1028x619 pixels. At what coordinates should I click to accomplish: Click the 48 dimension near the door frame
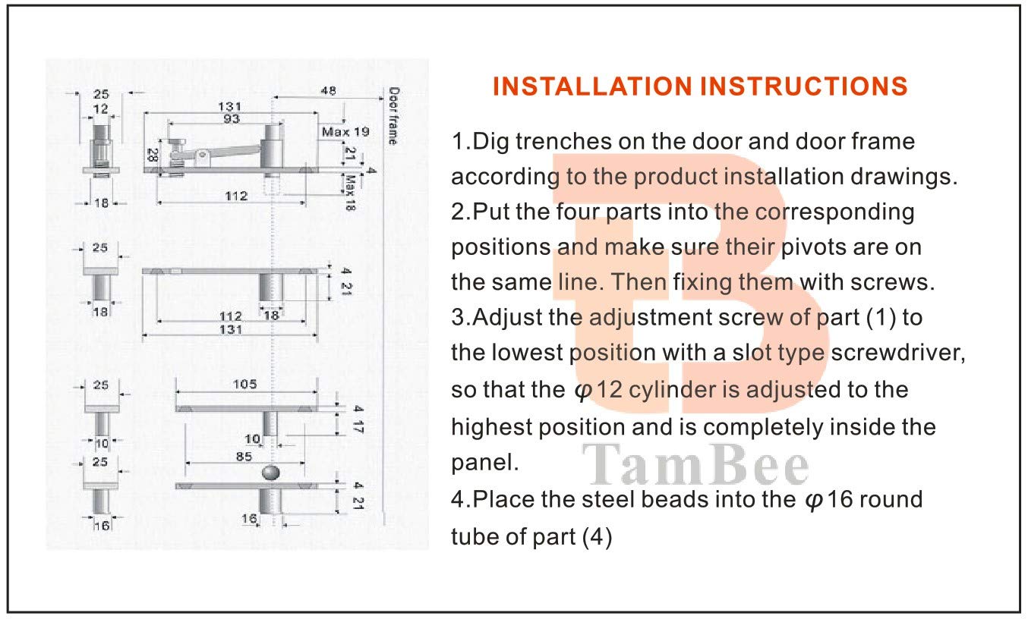(328, 91)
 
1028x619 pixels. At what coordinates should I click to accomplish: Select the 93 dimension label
(232, 120)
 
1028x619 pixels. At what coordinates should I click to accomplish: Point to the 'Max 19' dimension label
(345, 131)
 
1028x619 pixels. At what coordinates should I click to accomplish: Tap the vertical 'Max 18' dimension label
(351, 192)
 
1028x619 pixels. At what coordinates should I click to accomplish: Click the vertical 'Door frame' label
(393, 115)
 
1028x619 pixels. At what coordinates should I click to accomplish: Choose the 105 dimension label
(244, 384)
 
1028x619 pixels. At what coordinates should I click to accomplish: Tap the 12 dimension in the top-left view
(100, 109)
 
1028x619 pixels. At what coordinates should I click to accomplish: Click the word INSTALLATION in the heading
(592, 86)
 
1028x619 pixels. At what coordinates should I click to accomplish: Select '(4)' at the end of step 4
(596, 537)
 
